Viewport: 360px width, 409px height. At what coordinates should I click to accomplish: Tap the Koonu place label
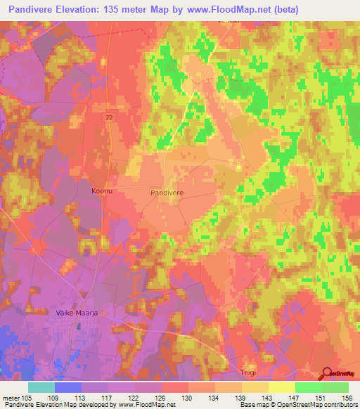click(103, 190)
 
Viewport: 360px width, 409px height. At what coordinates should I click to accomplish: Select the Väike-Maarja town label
click(75, 311)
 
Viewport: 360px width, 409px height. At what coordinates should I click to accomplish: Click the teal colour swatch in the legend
click(41, 387)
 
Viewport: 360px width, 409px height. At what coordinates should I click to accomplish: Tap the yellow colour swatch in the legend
click(282, 387)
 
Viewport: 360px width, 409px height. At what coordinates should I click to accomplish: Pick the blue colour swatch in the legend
click(68, 387)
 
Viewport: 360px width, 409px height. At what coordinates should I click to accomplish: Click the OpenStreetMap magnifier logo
click(327, 374)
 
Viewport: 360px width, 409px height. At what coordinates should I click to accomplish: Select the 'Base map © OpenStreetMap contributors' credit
click(298, 405)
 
